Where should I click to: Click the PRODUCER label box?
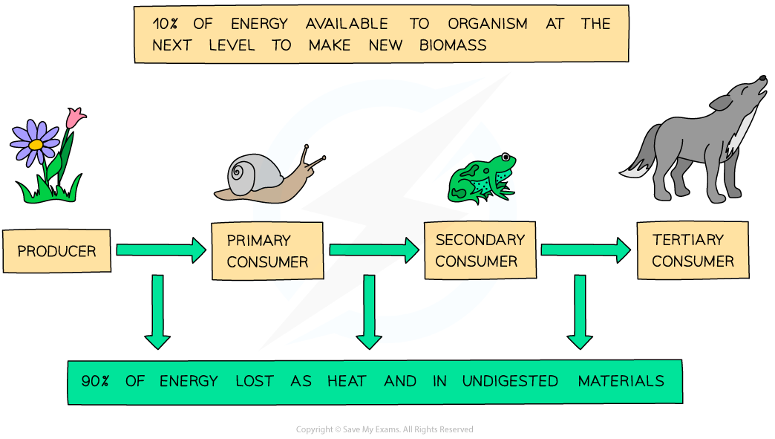(56, 251)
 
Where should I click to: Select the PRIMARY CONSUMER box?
(267, 251)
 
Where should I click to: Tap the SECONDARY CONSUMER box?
(480, 250)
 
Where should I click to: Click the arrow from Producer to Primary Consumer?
(160, 250)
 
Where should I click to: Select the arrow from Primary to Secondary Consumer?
(373, 250)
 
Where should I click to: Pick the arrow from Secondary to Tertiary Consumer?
(586, 250)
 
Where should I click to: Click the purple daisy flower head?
(36, 143)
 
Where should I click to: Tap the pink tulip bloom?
(75, 117)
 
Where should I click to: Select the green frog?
(482, 178)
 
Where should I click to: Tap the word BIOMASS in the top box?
(453, 45)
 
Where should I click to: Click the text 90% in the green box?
(96, 382)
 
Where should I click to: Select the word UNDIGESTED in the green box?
(510, 382)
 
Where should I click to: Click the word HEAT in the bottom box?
(347, 382)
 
